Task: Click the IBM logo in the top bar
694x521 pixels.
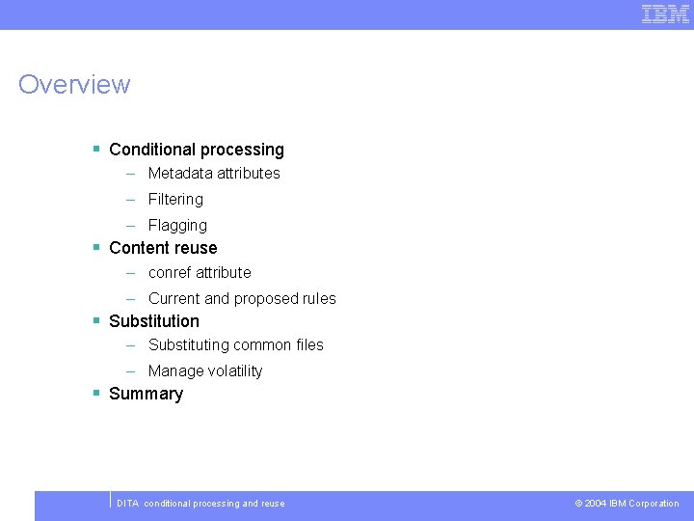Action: pyautogui.click(x=665, y=14)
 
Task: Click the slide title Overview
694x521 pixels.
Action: pyautogui.click(x=74, y=85)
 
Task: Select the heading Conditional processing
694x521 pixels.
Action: pyautogui.click(x=197, y=150)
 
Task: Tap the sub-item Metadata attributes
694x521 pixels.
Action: pyautogui.click(x=214, y=174)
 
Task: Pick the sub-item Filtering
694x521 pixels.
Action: pyautogui.click(x=175, y=200)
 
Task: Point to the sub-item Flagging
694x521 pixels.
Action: pyautogui.click(x=177, y=226)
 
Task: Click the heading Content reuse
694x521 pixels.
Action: pyautogui.click(x=163, y=248)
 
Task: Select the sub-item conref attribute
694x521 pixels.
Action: pyautogui.click(x=200, y=273)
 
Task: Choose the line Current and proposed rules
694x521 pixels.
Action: pyautogui.click(x=242, y=299)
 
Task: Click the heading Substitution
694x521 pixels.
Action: pyautogui.click(x=154, y=321)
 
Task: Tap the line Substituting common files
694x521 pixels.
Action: pyautogui.click(x=236, y=345)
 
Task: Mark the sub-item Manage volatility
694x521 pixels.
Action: pyautogui.click(x=205, y=371)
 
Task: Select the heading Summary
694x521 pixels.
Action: pyautogui.click(x=146, y=394)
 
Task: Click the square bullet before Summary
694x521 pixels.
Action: pyautogui.click(x=96, y=393)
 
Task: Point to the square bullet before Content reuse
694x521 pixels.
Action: pyautogui.click(x=96, y=247)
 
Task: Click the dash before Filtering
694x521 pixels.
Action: pyautogui.click(x=129, y=200)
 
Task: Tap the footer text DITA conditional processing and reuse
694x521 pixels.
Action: pyautogui.click(x=200, y=504)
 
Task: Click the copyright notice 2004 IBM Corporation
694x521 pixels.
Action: pyautogui.click(x=627, y=504)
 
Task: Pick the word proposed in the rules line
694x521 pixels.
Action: pyautogui.click(x=267, y=299)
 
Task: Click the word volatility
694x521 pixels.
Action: pyautogui.click(x=232, y=371)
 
